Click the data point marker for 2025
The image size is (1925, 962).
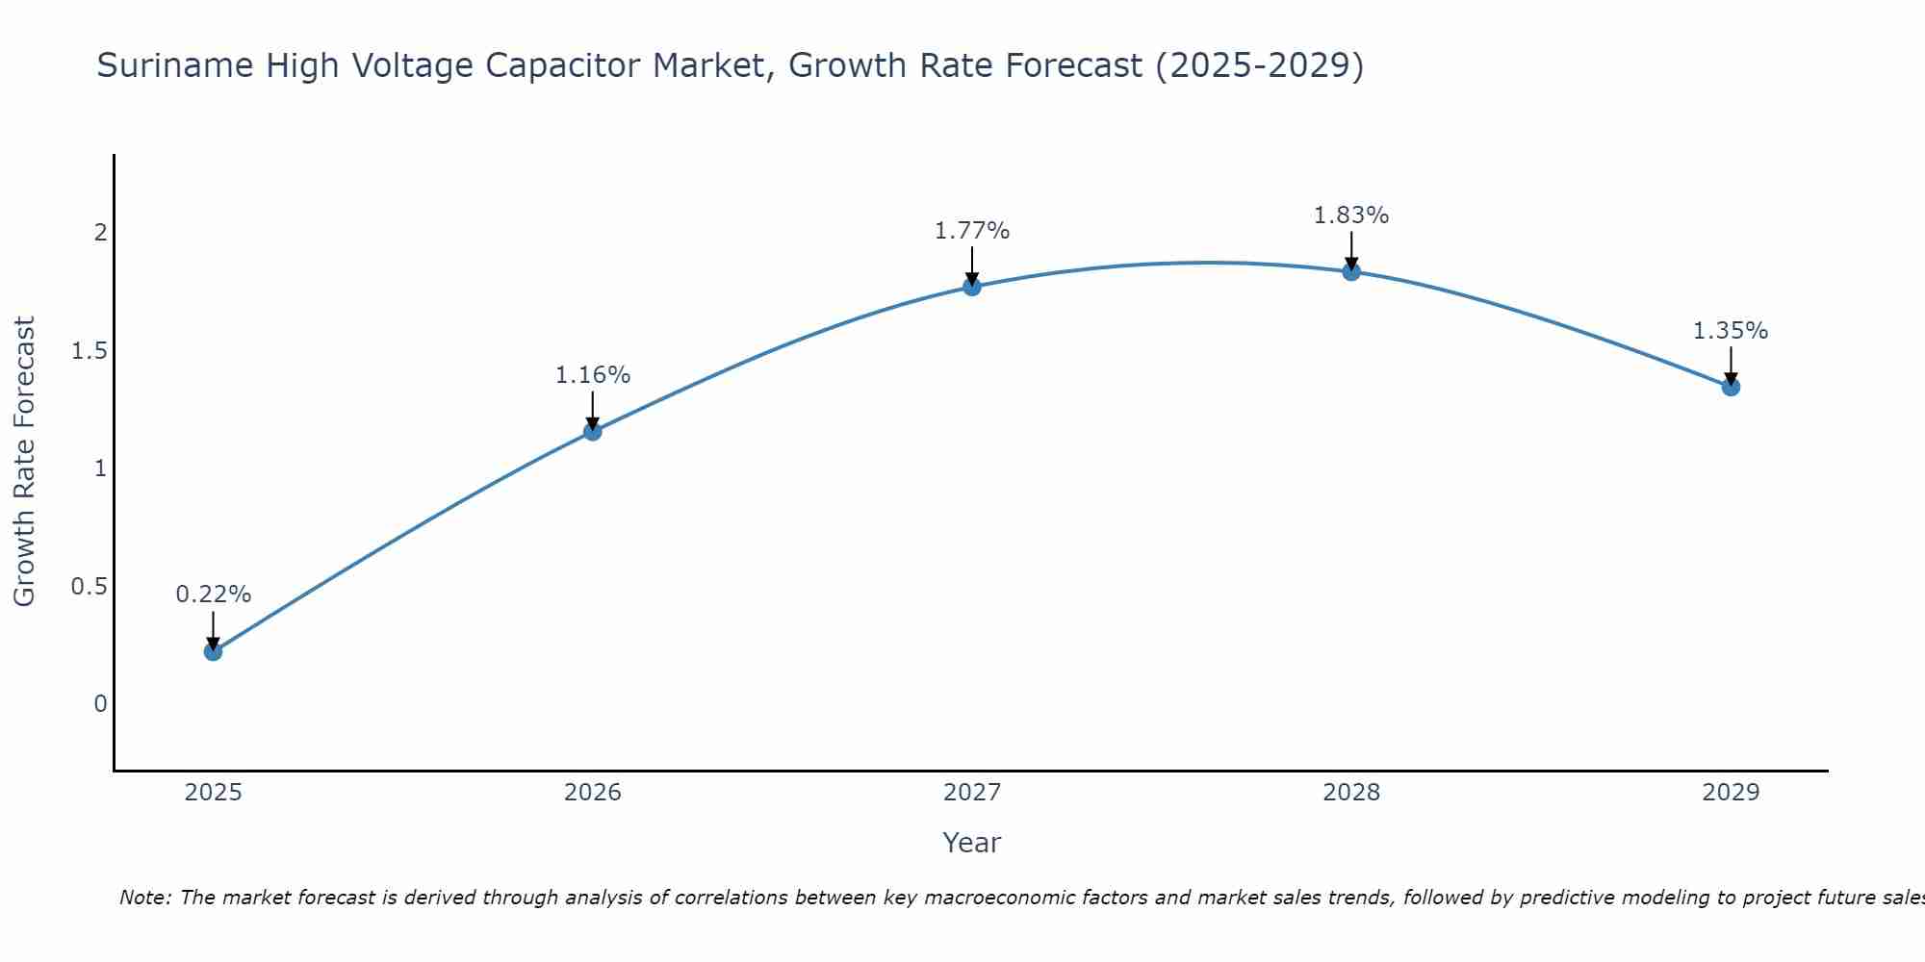pyautogui.click(x=213, y=651)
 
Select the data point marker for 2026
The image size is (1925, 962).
pyautogui.click(x=592, y=431)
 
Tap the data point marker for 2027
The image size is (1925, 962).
pyautogui.click(x=971, y=287)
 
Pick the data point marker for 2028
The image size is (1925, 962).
pyautogui.click(x=1350, y=272)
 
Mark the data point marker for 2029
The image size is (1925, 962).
pyautogui.click(x=1730, y=387)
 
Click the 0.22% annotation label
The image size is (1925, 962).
pyautogui.click(x=213, y=595)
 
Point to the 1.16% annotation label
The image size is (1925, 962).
pyautogui.click(x=592, y=375)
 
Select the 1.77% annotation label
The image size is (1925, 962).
pyautogui.click(x=971, y=231)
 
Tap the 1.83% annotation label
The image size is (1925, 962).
pyautogui.click(x=1350, y=215)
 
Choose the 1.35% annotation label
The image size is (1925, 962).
pyautogui.click(x=1730, y=331)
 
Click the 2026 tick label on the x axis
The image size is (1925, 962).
pyautogui.click(x=592, y=793)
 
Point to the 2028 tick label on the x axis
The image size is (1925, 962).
pyautogui.click(x=1350, y=793)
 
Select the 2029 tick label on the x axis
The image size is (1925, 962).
pyautogui.click(x=1730, y=793)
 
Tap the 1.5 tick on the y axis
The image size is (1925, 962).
pyautogui.click(x=89, y=351)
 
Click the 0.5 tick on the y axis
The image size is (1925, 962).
pyautogui.click(x=89, y=587)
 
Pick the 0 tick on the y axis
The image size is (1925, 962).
pyautogui.click(x=100, y=704)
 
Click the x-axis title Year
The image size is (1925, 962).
pyautogui.click(x=971, y=843)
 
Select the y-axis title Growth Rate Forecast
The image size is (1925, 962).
pyautogui.click(x=24, y=462)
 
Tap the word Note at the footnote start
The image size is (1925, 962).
pyautogui.click(x=144, y=898)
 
